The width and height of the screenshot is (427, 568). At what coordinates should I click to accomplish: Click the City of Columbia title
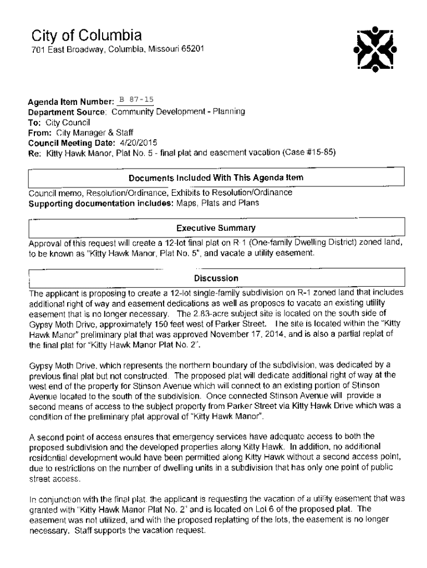(x=86, y=37)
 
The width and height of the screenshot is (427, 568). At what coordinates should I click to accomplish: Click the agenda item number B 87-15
(x=136, y=100)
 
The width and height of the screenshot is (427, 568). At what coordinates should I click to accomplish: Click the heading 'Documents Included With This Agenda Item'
(x=216, y=178)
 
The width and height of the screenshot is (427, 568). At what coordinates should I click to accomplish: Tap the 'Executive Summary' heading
(x=216, y=228)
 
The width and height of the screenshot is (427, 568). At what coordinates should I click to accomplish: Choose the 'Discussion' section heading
(x=216, y=278)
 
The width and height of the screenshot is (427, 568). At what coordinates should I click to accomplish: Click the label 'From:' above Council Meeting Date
(x=40, y=132)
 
